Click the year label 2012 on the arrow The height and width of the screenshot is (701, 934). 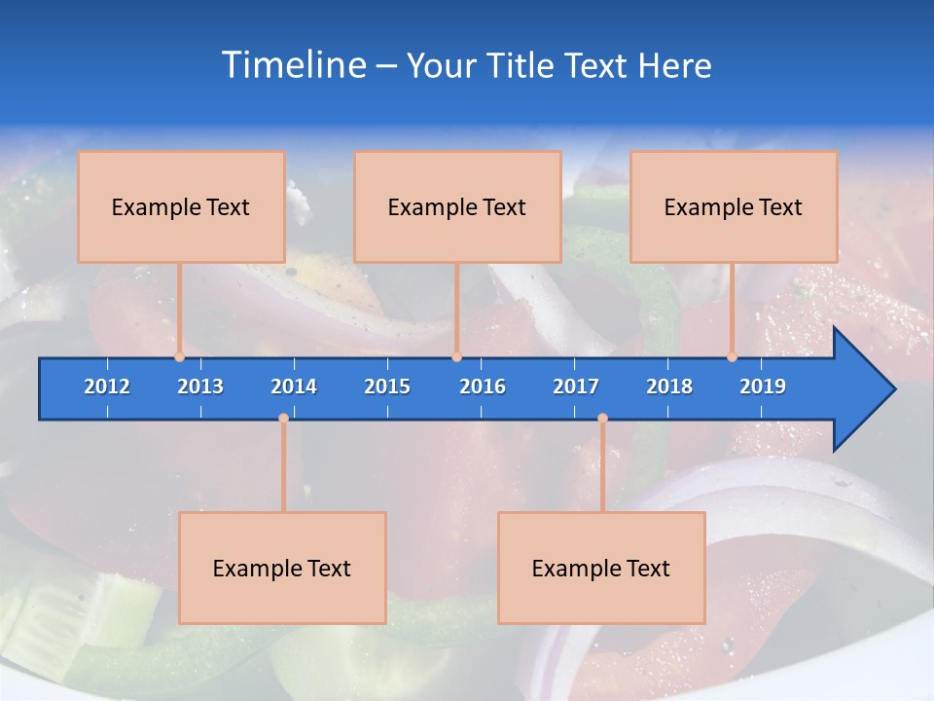tap(107, 387)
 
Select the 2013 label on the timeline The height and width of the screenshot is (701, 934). tap(200, 387)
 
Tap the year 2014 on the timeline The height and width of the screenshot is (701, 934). tap(294, 387)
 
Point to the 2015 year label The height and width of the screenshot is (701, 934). tap(387, 387)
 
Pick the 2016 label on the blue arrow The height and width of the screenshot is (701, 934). tap(483, 387)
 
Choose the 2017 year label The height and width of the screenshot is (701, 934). tap(576, 387)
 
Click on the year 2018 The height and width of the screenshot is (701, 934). tap(669, 387)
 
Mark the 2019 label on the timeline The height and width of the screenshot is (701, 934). tap(763, 387)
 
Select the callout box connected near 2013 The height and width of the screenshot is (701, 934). tap(181, 206)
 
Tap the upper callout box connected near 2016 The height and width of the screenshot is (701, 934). tap(457, 206)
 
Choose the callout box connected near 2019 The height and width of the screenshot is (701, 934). tap(734, 206)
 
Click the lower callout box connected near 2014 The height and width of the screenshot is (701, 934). tap(282, 568)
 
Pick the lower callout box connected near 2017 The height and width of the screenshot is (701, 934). tap(601, 568)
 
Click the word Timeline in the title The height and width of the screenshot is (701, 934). tap(292, 65)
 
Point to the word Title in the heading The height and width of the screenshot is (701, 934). tap(522, 65)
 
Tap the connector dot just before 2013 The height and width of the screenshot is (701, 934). tap(179, 357)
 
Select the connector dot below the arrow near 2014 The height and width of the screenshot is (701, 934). tap(283, 419)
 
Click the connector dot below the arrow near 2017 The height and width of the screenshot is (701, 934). tap(602, 419)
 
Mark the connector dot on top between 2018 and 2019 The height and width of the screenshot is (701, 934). tap(732, 357)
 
